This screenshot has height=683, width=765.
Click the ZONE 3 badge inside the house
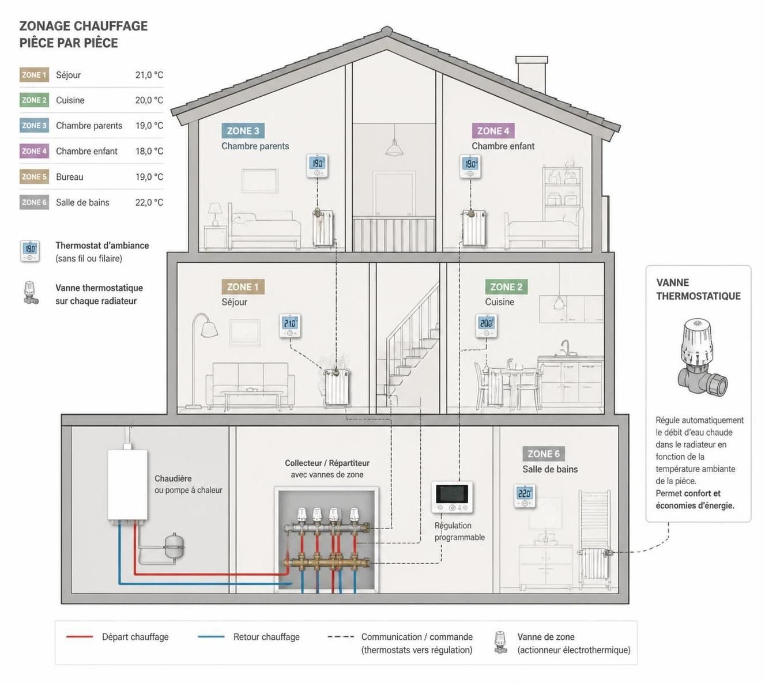(243, 131)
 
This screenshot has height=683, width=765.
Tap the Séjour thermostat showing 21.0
(290, 326)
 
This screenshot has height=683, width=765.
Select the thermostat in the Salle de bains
(525, 496)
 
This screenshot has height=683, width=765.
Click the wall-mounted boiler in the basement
(127, 485)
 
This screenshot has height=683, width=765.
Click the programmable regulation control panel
(452, 497)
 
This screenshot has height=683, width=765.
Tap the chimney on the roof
(532, 75)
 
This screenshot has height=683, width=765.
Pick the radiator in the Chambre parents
(323, 228)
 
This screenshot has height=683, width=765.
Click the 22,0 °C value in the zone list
(149, 203)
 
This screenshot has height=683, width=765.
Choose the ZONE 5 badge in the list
(34, 177)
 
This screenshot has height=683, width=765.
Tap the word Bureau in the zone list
(70, 177)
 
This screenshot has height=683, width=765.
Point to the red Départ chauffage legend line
(80, 637)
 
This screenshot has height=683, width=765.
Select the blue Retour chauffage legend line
(211, 637)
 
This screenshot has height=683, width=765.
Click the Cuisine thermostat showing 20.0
(486, 326)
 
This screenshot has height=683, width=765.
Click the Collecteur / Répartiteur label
(327, 463)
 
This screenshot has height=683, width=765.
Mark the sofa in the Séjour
(250, 385)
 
